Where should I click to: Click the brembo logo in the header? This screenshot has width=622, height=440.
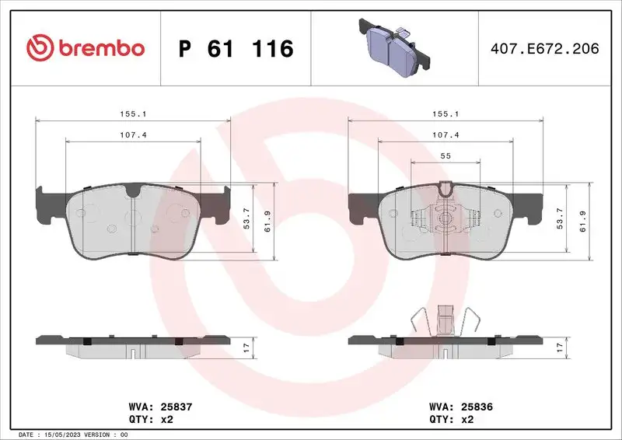[86, 48]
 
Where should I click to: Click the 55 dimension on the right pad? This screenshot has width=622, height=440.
[446, 156]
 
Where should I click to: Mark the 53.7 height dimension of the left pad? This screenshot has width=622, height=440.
[247, 219]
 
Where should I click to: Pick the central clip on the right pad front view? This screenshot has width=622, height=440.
[445, 218]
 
